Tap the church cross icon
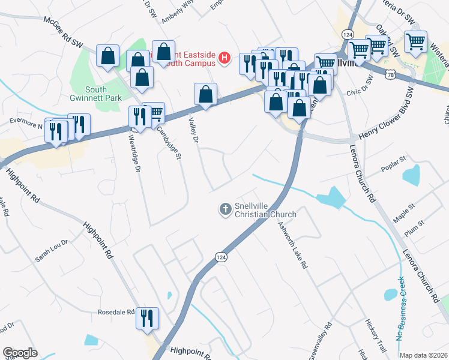[225, 209]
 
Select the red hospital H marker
[224, 58]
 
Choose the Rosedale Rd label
[115, 313]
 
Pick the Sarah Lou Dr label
[52, 251]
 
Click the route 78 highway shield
[391, 75]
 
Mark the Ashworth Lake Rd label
[293, 245]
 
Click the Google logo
[20, 353]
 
